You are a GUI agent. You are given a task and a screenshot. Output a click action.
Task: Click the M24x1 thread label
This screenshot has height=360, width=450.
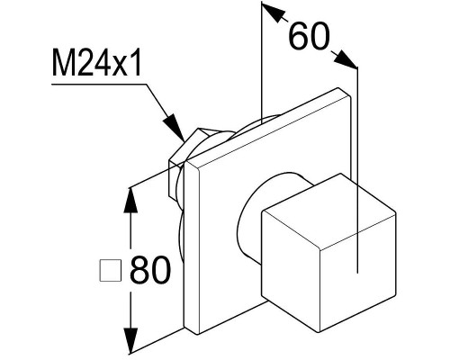tap(96, 62)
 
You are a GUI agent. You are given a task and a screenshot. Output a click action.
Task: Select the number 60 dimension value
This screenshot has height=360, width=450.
tap(309, 36)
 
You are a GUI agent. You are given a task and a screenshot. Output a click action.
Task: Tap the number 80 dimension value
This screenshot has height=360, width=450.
tap(150, 269)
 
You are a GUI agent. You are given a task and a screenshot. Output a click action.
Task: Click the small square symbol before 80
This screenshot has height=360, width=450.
tap(111, 270)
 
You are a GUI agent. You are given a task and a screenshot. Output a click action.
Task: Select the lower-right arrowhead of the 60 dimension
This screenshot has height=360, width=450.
tap(345, 59)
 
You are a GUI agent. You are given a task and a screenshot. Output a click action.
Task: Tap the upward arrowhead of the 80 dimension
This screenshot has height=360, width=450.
tap(130, 201)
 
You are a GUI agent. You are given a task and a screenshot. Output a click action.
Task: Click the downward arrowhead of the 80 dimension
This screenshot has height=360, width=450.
tap(130, 340)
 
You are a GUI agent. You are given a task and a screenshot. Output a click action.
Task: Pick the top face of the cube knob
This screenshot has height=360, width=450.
tap(329, 211)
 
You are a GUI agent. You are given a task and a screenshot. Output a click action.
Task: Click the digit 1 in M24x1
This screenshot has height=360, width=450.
tap(136, 63)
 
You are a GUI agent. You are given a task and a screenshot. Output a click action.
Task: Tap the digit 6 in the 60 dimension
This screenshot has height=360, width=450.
tap(298, 36)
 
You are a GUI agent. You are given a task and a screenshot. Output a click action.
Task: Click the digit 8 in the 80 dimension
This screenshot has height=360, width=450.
tap(139, 269)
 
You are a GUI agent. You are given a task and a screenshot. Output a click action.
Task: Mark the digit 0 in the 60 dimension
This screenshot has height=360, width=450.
tap(319, 36)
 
